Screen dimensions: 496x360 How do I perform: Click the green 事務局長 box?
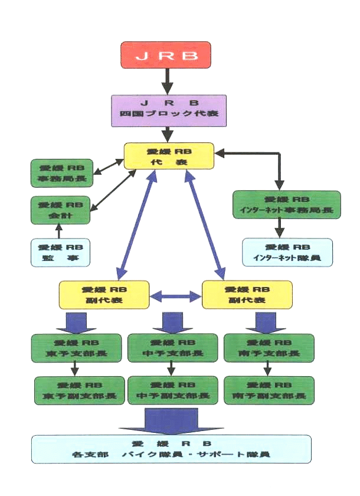click(x=60, y=173)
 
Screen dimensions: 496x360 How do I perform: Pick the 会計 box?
click(x=60, y=210)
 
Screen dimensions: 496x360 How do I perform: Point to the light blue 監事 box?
click(x=60, y=252)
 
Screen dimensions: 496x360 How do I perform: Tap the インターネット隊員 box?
click(x=287, y=252)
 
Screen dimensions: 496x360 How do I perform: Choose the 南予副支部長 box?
click(x=269, y=390)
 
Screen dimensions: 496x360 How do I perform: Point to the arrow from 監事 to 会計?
click(x=58, y=231)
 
